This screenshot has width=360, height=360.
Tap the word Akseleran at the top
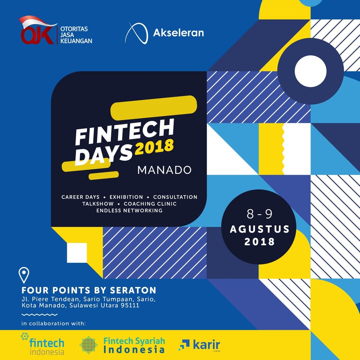point(178,33)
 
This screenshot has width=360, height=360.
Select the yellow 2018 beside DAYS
point(154,147)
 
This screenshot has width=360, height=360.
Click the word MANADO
point(164,170)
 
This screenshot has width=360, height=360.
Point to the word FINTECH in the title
point(125,132)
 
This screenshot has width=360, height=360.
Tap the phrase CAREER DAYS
point(80,197)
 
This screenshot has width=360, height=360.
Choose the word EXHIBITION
point(126,197)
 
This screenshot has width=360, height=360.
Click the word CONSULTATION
point(175,197)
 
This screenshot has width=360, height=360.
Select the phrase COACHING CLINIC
point(150,204)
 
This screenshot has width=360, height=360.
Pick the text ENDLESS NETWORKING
point(129,211)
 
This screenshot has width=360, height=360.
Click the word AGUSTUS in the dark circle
point(260,229)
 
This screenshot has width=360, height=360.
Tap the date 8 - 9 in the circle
point(259,214)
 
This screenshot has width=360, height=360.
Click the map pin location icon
point(24,275)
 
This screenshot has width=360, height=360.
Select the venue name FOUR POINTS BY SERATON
point(89,290)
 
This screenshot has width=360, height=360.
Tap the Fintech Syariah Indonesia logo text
point(134,345)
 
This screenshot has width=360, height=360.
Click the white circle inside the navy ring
point(310,71)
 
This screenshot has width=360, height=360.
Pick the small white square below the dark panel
point(77,253)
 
